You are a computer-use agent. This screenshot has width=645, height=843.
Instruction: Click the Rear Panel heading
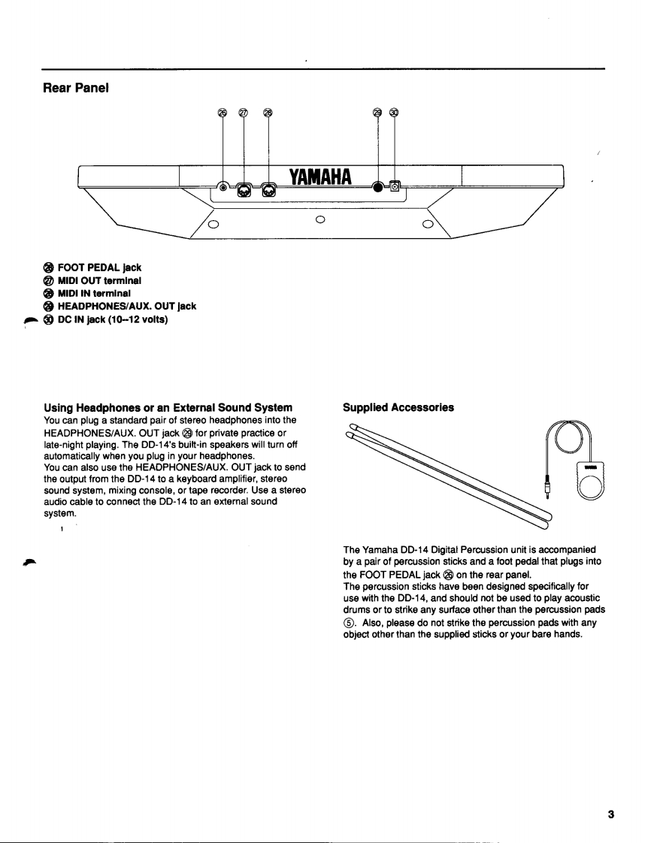click(x=76, y=88)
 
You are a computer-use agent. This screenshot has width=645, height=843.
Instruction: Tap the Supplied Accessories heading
click(x=398, y=407)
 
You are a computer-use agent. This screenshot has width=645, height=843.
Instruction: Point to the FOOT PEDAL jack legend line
click(x=92, y=267)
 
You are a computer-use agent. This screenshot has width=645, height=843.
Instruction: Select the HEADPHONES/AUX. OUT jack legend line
click(x=120, y=304)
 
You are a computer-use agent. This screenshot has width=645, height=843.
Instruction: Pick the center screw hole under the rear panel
click(x=319, y=219)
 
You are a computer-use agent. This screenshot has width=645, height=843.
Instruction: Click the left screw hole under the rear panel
click(x=213, y=224)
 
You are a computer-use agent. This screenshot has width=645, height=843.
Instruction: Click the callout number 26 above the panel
click(x=223, y=113)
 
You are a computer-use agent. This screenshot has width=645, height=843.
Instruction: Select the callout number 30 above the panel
click(x=395, y=113)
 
